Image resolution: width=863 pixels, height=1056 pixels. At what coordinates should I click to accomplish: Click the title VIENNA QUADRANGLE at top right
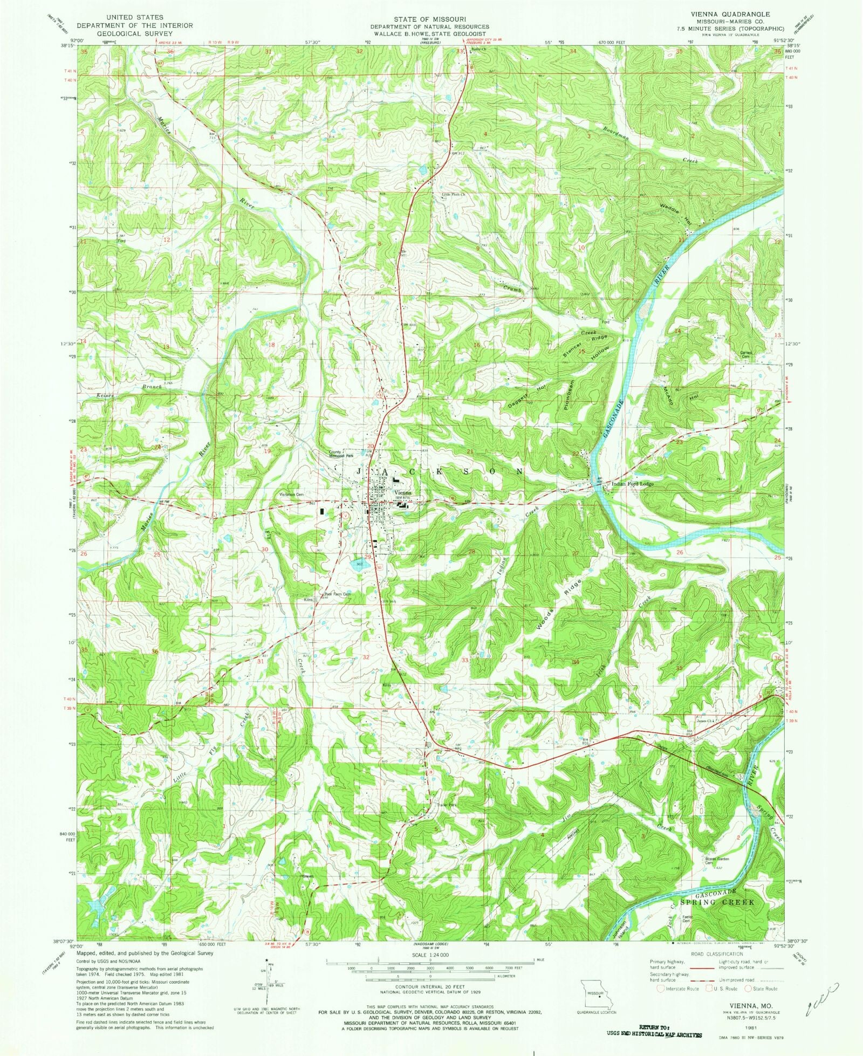coord(727,13)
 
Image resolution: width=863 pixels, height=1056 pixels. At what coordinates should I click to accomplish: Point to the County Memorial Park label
coord(341,454)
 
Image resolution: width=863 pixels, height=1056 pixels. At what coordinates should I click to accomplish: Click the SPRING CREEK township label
coord(717,902)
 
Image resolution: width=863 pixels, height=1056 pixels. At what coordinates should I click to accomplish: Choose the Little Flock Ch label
coord(454,195)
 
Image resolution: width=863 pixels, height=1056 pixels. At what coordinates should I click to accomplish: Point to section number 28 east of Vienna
coord(472,552)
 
